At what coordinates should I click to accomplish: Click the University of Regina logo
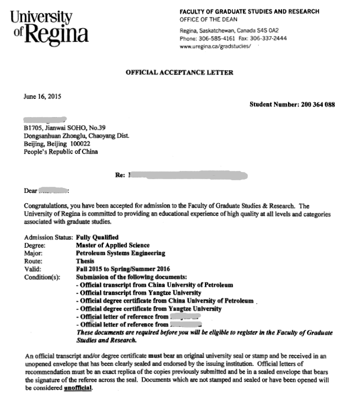(49, 28)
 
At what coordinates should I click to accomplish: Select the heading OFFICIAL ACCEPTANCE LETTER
(179, 73)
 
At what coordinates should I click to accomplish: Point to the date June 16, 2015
(42, 96)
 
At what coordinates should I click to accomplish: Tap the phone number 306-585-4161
(216, 39)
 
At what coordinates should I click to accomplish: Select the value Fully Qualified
(97, 237)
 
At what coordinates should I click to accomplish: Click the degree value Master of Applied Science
(113, 245)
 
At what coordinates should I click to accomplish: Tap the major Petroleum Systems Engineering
(120, 253)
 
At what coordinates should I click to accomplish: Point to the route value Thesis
(85, 261)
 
